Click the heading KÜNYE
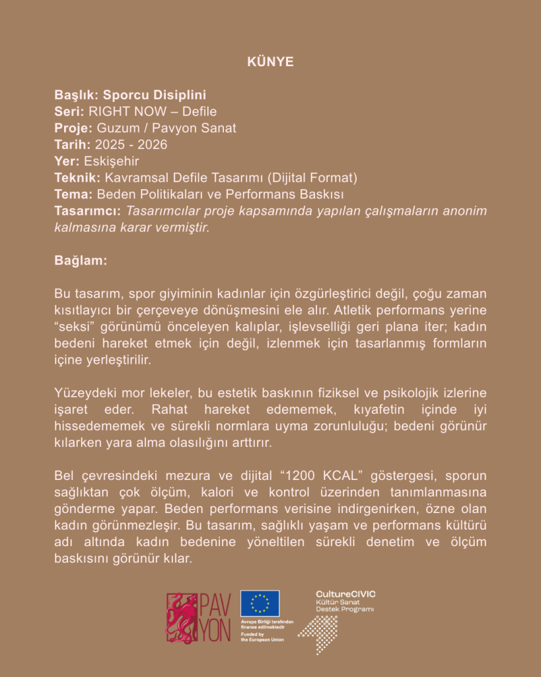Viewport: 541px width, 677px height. [270, 62]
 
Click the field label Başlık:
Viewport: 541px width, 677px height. [77, 95]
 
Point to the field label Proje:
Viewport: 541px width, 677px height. [73, 128]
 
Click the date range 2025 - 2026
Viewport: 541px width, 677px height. [131, 144]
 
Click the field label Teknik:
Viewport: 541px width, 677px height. [77, 177]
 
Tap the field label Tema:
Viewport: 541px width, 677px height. [73, 194]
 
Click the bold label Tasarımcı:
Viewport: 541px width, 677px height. [88, 210]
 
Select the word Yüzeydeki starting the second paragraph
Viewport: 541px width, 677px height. [85, 393]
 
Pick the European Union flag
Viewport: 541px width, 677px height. [260, 603]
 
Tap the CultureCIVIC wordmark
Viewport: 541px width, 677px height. [345, 594]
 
